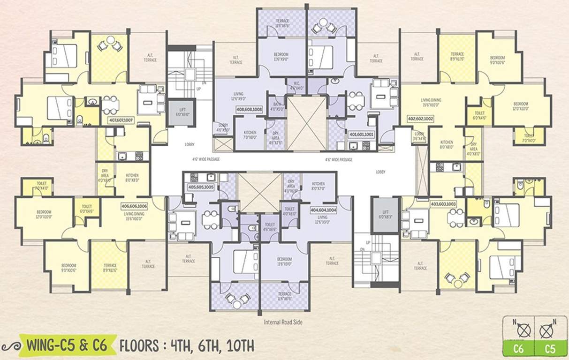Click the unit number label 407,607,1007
(x=121, y=120)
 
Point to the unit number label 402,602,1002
(x=421, y=119)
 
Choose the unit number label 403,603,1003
(x=443, y=204)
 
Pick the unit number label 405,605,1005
(x=201, y=187)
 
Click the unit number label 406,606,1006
(x=134, y=206)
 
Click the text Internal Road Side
(x=284, y=322)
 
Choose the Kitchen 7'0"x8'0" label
(x=249, y=135)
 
